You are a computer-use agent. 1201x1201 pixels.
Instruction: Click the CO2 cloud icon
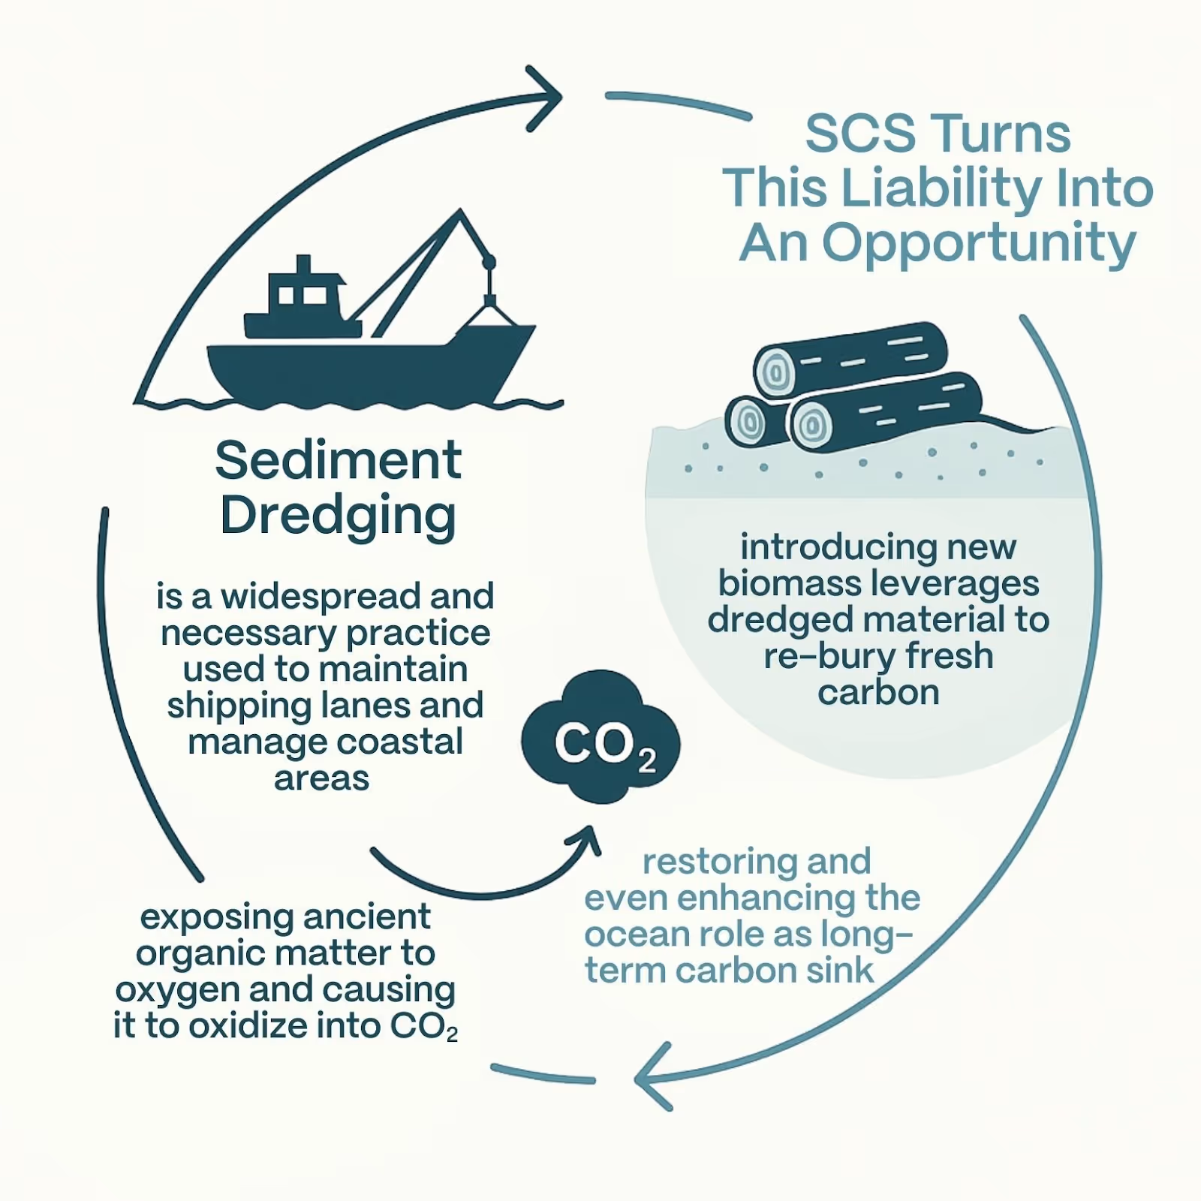point(600,739)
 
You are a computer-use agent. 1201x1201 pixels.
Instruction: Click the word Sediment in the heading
point(338,460)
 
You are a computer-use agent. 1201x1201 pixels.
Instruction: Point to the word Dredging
point(338,516)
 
